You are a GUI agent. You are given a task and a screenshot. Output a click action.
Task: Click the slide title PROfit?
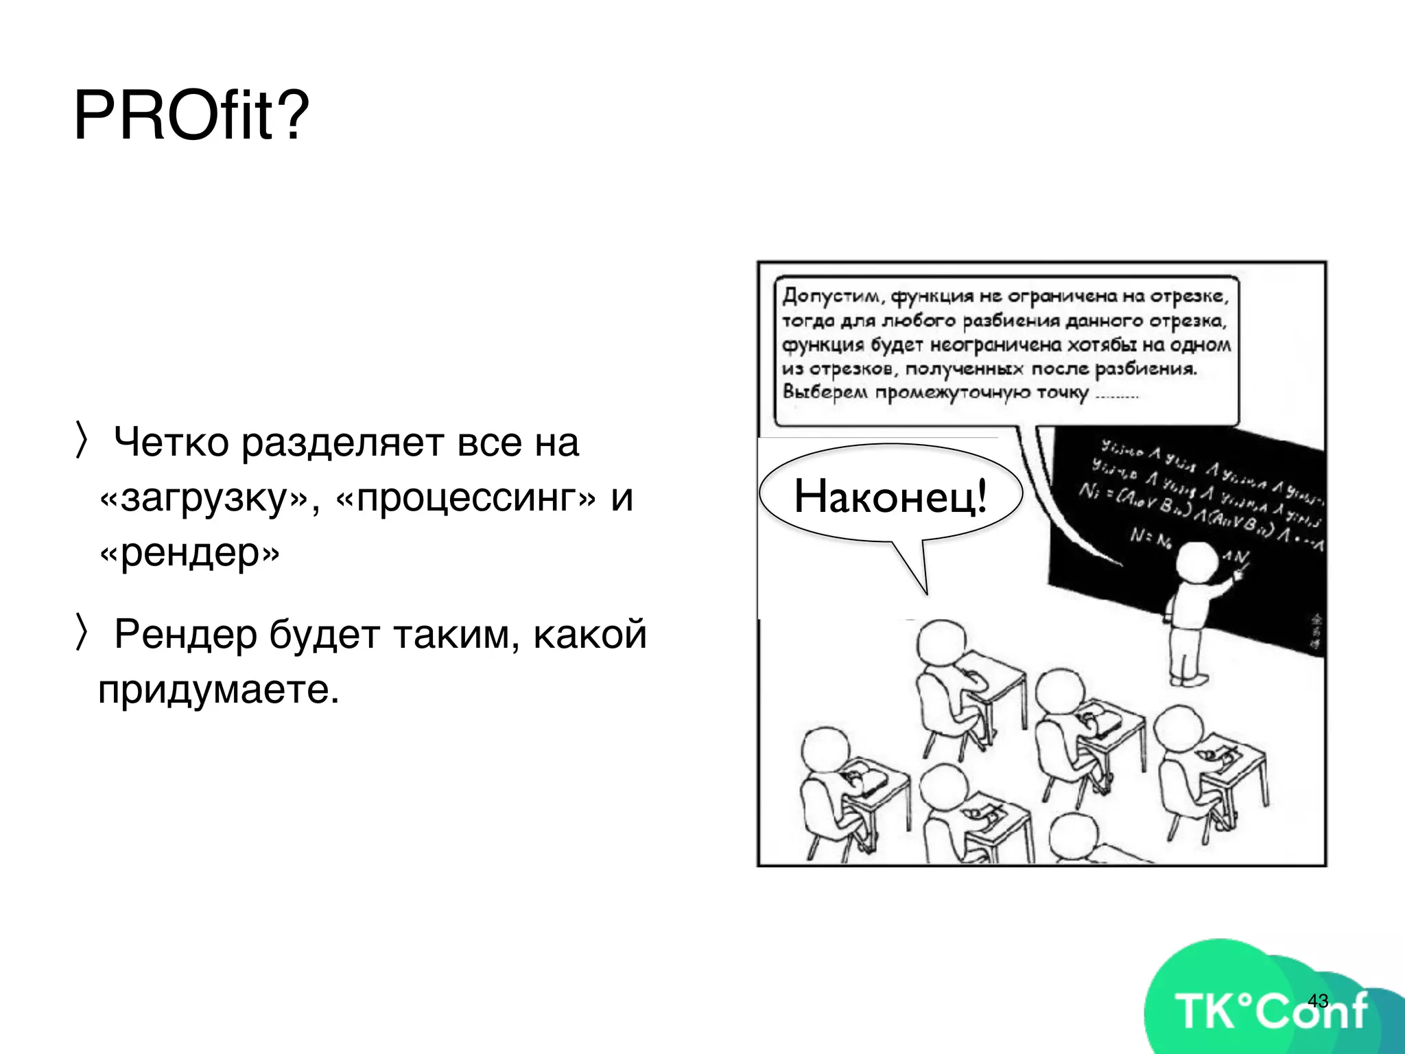click(191, 115)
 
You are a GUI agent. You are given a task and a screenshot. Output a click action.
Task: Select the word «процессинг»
click(467, 497)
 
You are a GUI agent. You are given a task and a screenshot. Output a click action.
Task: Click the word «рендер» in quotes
click(189, 552)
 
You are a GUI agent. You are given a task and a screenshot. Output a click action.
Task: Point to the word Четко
click(172, 443)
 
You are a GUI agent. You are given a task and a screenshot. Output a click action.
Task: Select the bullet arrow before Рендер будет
click(82, 633)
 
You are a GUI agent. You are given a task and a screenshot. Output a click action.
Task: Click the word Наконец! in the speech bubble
click(890, 497)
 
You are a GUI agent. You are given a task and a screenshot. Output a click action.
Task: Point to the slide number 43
click(1318, 1000)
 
